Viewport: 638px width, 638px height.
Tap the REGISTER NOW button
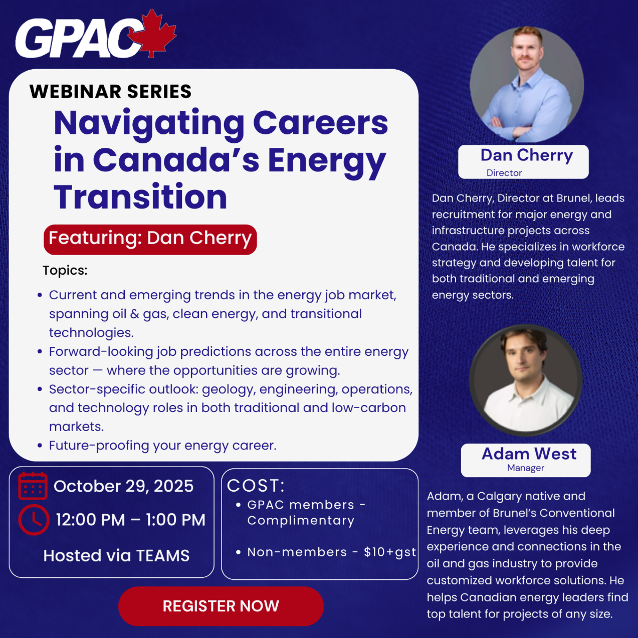point(221,606)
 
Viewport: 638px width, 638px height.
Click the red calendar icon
point(33,486)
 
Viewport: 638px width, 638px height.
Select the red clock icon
point(34,520)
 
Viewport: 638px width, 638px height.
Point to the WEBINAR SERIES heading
point(111,91)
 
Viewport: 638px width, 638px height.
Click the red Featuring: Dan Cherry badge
point(150,240)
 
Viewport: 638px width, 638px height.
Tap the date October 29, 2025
point(123,486)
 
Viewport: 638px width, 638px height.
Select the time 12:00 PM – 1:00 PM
point(130,520)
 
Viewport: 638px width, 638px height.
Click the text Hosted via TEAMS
point(117,556)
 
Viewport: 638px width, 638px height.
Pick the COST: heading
point(256,486)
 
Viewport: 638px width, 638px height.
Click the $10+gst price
point(390,552)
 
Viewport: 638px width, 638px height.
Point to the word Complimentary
point(301,521)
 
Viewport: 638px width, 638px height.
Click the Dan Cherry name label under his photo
point(526,155)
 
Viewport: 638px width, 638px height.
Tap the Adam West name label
point(529,454)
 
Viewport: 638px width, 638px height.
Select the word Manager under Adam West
point(525,468)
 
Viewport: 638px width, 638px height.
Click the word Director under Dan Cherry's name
point(504,173)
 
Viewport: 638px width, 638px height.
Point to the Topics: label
point(65,271)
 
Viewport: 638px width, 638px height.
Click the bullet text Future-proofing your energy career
point(162,446)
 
